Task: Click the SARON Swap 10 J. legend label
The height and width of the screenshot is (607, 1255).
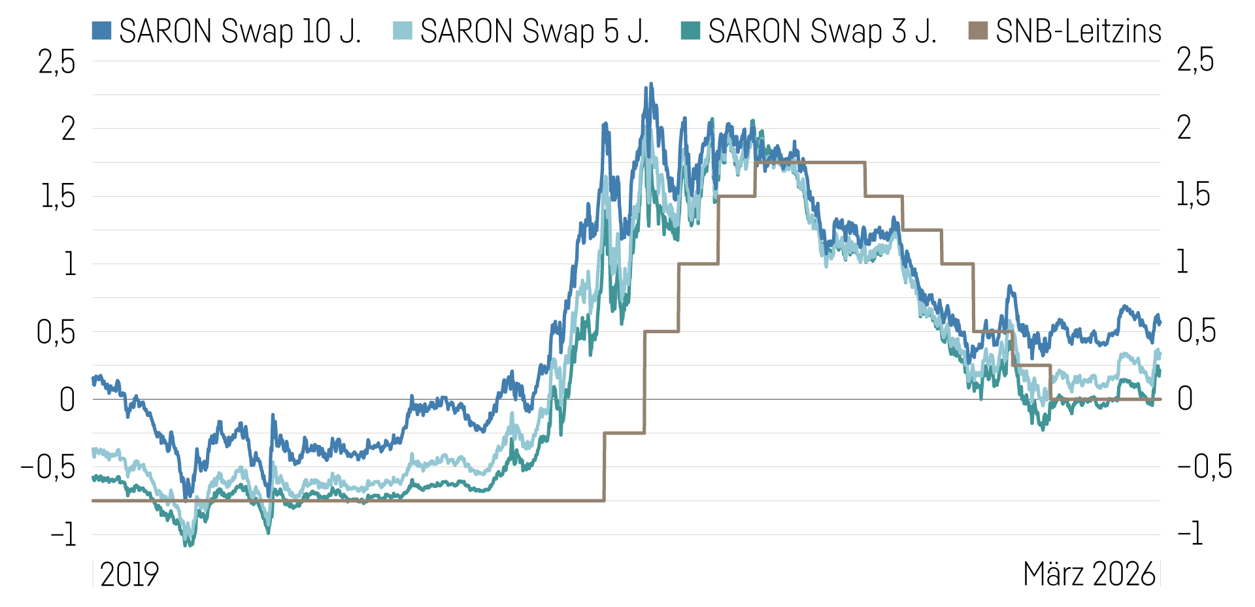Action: pyautogui.click(x=240, y=31)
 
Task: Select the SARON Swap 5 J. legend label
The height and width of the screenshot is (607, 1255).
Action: pyautogui.click(x=535, y=31)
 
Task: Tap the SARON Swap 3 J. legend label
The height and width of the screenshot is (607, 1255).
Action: pyautogui.click(x=822, y=31)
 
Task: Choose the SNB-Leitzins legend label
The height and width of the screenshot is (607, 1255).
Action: pyautogui.click(x=1079, y=31)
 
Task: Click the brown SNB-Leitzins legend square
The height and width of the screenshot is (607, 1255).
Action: pyautogui.click(x=978, y=30)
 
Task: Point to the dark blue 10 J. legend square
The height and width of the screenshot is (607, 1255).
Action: pyautogui.click(x=101, y=30)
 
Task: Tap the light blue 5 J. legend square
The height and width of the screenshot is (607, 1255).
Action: pyautogui.click(x=403, y=30)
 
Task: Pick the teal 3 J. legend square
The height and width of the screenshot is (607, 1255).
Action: pyautogui.click(x=690, y=30)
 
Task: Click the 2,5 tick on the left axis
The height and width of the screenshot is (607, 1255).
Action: pyautogui.click(x=57, y=62)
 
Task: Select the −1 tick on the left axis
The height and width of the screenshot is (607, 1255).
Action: pyautogui.click(x=63, y=534)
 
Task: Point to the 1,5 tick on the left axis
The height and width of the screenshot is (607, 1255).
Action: pyautogui.click(x=58, y=197)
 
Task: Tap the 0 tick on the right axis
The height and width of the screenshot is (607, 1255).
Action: pyautogui.click(x=1184, y=399)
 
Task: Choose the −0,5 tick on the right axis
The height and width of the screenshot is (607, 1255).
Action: pyautogui.click(x=1204, y=467)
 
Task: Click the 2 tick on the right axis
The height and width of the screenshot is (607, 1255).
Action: pyautogui.click(x=1184, y=128)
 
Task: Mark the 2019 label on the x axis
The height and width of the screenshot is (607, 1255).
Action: pyautogui.click(x=129, y=574)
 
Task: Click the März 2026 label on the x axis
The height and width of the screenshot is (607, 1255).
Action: pyautogui.click(x=1089, y=574)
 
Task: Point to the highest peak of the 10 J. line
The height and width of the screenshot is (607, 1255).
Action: pyautogui.click(x=650, y=84)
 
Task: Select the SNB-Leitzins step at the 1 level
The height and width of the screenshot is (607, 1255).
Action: pyautogui.click(x=698, y=264)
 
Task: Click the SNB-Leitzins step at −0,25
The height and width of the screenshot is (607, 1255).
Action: pyautogui.click(x=624, y=433)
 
